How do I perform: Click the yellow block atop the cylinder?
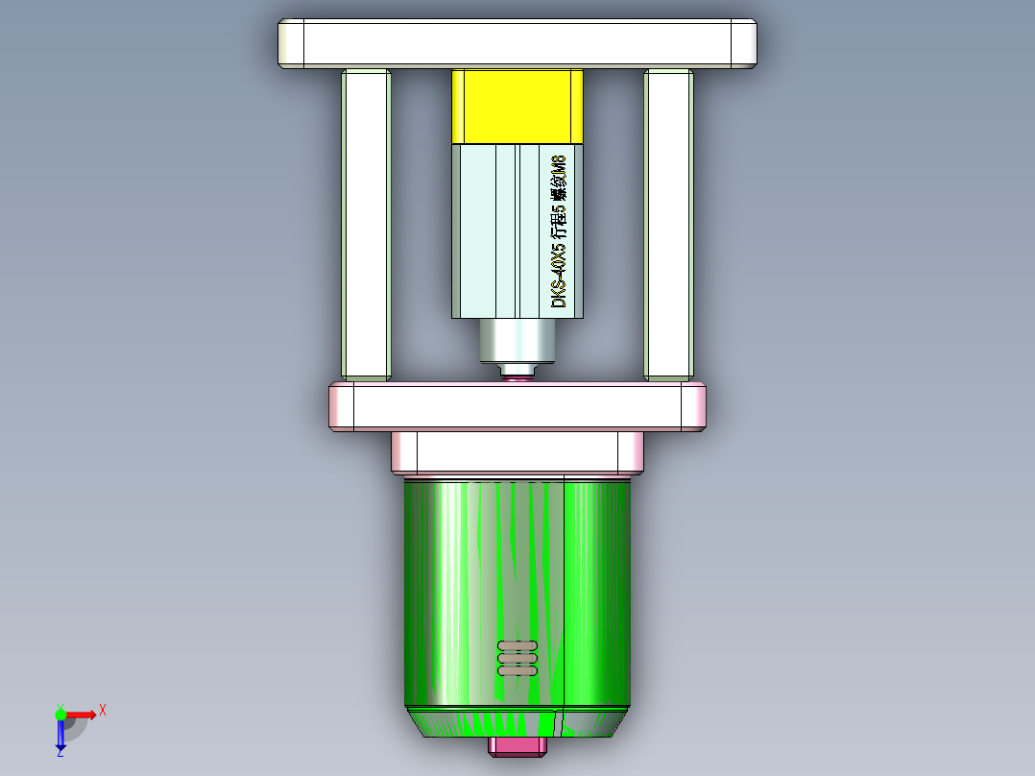tap(517, 106)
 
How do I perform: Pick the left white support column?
tap(365, 225)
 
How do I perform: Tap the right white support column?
tap(668, 225)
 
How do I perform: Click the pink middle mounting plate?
tap(517, 406)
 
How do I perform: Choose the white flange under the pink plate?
tap(517, 451)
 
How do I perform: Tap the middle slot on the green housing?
tap(517, 658)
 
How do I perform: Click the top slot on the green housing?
tap(517, 645)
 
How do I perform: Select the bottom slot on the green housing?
tap(517, 670)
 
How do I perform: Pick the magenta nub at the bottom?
tap(517, 746)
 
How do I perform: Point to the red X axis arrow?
tap(82, 714)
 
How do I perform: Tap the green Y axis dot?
tap(60, 714)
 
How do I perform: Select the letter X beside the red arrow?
tap(102, 710)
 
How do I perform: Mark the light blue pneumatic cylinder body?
tap(490, 230)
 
